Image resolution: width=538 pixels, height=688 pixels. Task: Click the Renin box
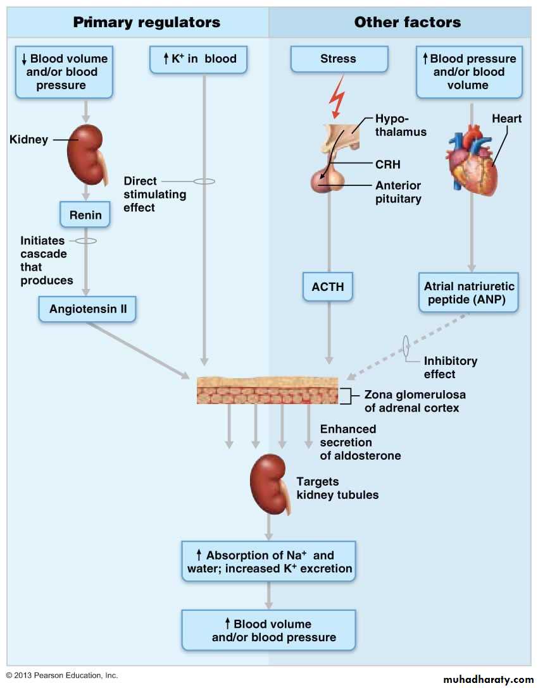coord(85,215)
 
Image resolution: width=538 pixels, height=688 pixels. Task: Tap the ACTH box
coord(328,286)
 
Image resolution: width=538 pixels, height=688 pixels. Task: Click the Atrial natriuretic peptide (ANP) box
coord(468,292)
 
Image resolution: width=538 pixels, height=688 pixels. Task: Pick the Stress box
coord(339,59)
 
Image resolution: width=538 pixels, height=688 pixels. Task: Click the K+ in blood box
coord(197,59)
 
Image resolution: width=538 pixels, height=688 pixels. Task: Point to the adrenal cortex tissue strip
coord(268,391)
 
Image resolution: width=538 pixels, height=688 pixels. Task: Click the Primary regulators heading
coord(147,23)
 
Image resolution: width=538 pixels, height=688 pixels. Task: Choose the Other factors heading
coord(408,23)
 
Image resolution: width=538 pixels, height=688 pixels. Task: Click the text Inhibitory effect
coord(450,367)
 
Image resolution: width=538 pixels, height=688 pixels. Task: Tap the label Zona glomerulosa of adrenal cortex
coord(415,401)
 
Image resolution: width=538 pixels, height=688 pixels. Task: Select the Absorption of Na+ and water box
coord(269,562)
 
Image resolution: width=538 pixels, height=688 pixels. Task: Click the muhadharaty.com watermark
coord(488,679)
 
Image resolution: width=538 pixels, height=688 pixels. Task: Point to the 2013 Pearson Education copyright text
coord(62,675)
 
